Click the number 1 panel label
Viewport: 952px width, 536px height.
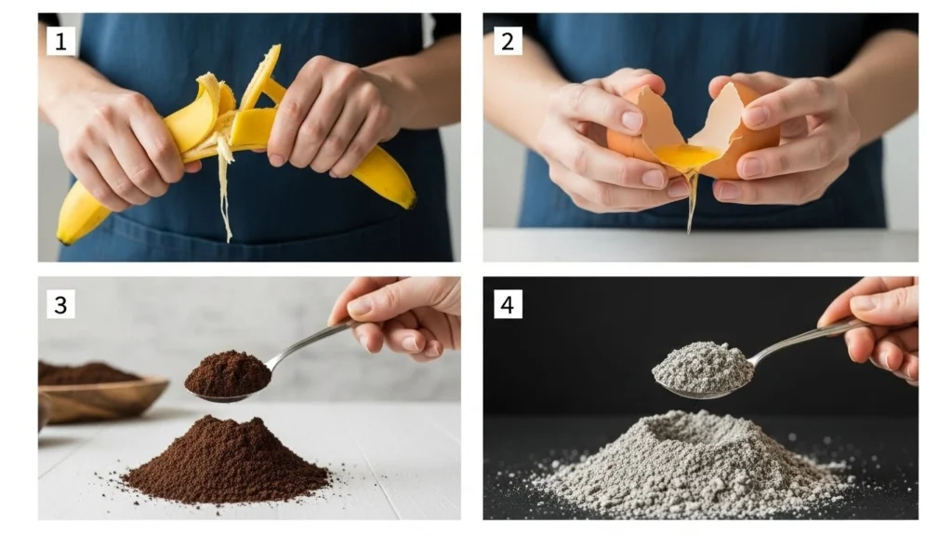[60, 40]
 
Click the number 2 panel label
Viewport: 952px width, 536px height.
[507, 40]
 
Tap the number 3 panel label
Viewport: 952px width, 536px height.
[60, 304]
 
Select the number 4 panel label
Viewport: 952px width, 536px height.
[507, 304]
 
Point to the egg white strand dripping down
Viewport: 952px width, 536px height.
[691, 205]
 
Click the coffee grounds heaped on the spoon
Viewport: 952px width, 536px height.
[227, 372]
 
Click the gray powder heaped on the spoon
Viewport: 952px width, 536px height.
[702, 365]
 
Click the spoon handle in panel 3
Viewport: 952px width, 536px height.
[307, 342]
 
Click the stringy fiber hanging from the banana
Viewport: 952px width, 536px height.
[224, 200]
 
